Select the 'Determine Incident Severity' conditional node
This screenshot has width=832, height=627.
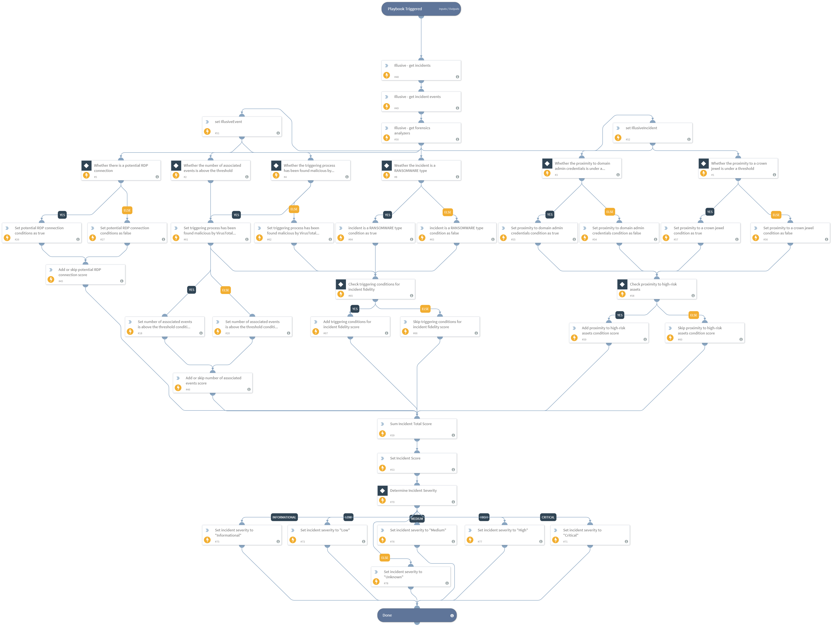pos(417,495)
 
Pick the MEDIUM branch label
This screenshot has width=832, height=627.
pos(417,519)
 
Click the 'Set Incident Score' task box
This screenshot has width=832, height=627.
pos(417,463)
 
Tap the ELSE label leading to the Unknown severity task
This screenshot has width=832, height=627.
pos(384,558)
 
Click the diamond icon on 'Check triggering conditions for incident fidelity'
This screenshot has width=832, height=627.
pos(341,284)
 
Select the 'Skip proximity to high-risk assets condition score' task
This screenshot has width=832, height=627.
pos(705,333)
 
